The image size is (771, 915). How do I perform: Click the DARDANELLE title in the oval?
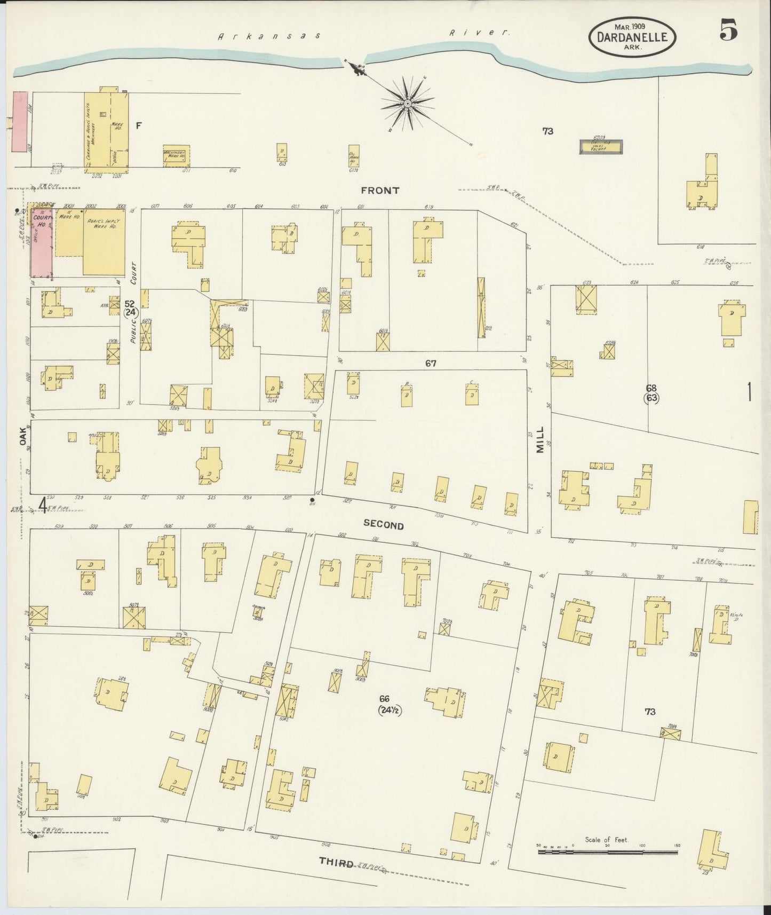click(632, 37)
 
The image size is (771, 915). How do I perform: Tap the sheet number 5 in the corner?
click(728, 30)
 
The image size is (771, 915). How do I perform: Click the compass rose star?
click(407, 103)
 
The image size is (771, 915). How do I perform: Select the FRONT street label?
click(380, 191)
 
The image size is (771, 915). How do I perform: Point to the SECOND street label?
click(384, 525)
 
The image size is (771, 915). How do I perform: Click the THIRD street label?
click(336, 862)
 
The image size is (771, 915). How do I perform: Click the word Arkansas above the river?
click(269, 36)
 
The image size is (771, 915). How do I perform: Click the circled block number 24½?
click(391, 711)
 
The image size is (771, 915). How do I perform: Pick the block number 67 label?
click(431, 364)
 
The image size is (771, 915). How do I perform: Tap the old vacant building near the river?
click(601, 146)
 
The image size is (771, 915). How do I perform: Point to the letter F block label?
click(139, 125)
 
